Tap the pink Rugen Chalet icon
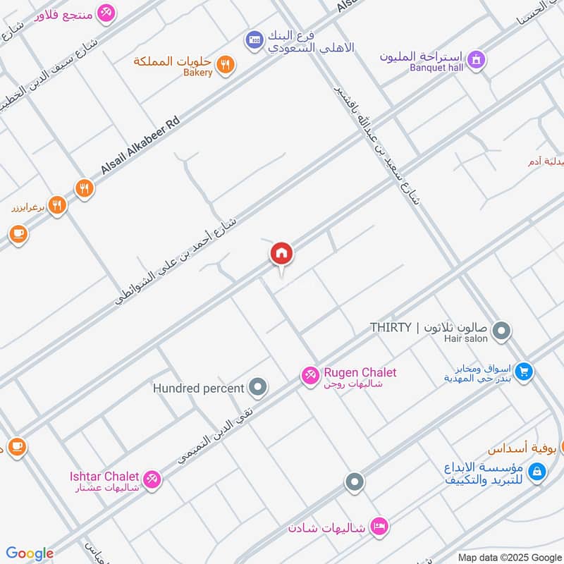point(309,376)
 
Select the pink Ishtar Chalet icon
point(152,480)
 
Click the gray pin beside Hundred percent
point(259,387)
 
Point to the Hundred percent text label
point(199,388)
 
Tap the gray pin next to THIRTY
point(501,330)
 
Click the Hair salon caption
point(465,339)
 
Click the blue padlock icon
point(536,472)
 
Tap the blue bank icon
point(254,41)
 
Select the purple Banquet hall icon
point(477,60)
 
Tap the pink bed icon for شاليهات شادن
point(379,527)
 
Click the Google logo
point(29,553)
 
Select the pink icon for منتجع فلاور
point(106,13)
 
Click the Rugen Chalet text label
point(360,372)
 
